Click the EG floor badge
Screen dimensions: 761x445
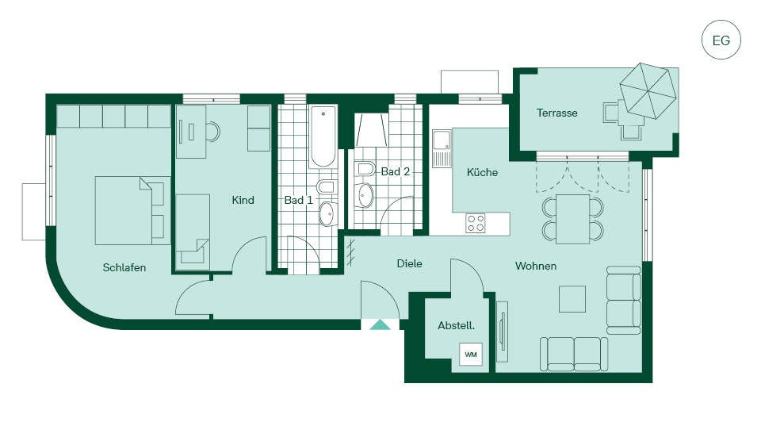tap(721, 40)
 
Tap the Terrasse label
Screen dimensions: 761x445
tap(556, 113)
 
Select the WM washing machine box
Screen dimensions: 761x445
tap(471, 354)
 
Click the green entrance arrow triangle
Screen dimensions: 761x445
tap(380, 324)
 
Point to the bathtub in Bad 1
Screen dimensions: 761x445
tap(323, 136)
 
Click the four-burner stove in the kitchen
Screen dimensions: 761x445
tap(475, 223)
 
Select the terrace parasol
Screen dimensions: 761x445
tap(648, 90)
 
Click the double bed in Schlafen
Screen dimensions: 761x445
tap(129, 210)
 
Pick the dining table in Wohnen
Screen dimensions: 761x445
tap(572, 219)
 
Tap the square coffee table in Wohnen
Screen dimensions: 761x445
tap(572, 299)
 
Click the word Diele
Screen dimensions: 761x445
tap(409, 263)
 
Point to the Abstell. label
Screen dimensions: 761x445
tap(457, 325)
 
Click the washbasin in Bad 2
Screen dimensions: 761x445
tap(364, 195)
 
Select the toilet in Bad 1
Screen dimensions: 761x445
tap(326, 186)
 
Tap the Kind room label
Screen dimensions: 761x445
tap(243, 200)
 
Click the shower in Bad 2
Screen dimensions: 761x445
tap(372, 130)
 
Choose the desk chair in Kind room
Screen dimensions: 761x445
tap(212, 131)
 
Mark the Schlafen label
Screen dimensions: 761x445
tap(124, 267)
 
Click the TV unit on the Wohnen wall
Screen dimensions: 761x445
tap(502, 332)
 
